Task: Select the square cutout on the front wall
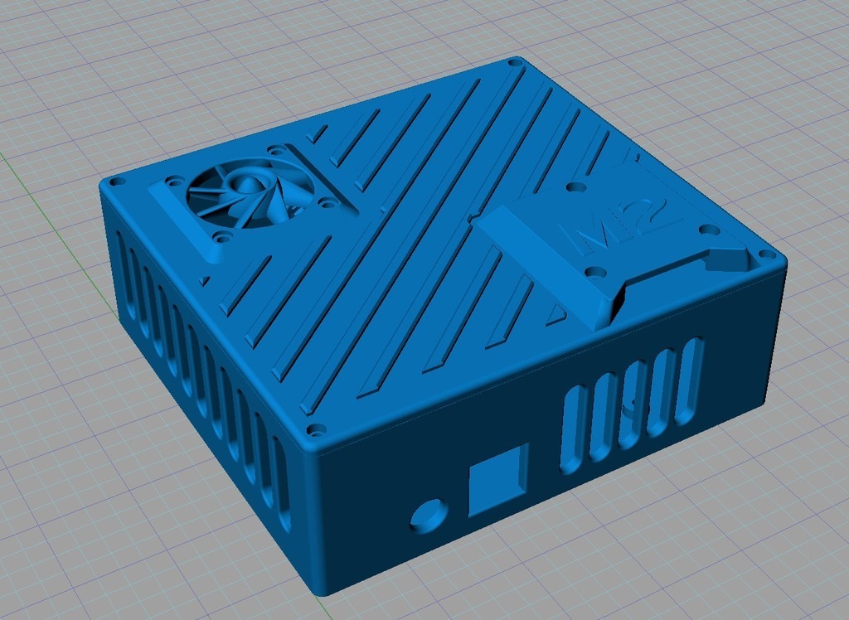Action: [x=497, y=480]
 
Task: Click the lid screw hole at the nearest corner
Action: [x=316, y=431]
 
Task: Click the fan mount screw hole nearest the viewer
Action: [x=222, y=236]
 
